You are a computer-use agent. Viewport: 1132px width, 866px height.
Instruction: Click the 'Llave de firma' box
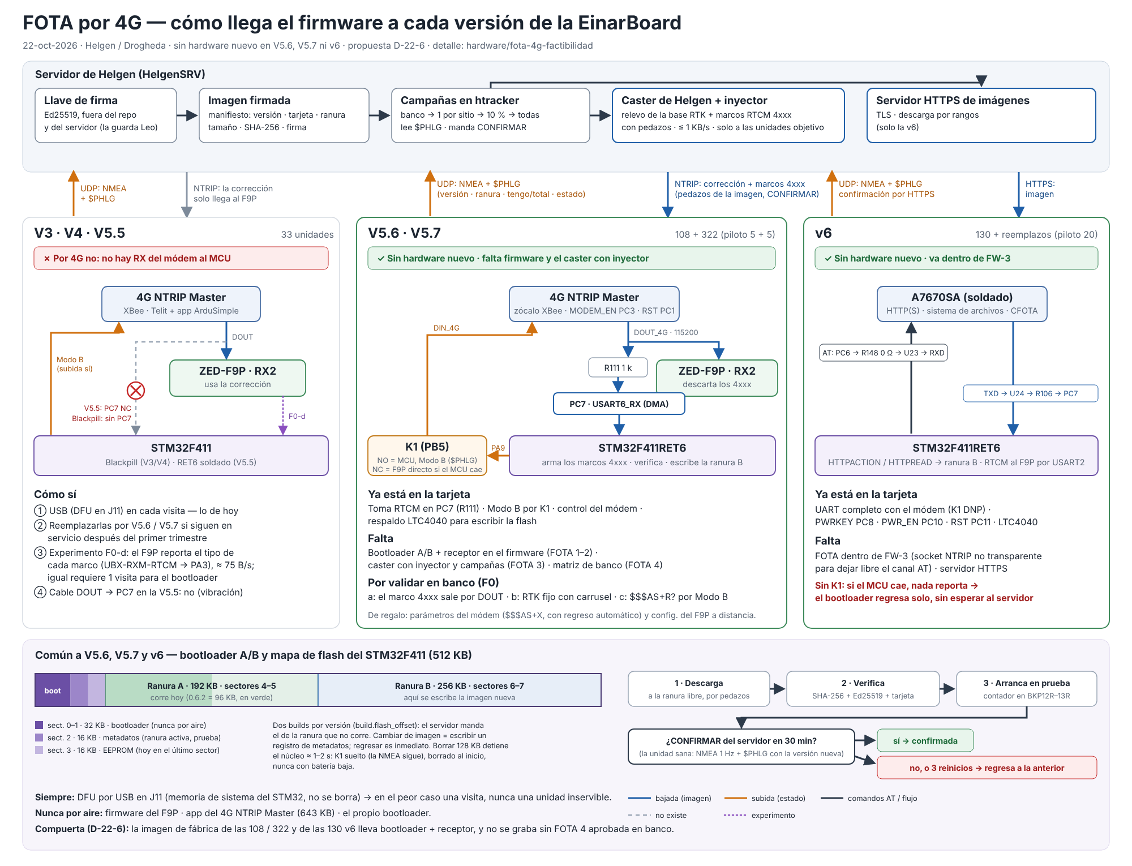point(106,115)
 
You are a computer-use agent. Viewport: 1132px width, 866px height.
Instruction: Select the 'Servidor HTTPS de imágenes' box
point(981,115)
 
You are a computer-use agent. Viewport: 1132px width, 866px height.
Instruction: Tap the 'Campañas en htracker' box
point(491,115)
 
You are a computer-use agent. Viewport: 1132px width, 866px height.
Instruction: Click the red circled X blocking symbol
point(136,390)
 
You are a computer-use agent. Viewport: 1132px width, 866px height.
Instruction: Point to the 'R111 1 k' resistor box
point(618,368)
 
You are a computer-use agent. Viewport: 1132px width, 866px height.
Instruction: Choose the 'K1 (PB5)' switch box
point(427,456)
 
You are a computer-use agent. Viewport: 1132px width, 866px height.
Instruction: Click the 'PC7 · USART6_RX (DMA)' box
point(619,404)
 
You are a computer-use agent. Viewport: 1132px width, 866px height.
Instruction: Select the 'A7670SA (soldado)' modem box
point(962,304)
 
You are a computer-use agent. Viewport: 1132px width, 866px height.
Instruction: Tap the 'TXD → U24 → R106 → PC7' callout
point(1031,393)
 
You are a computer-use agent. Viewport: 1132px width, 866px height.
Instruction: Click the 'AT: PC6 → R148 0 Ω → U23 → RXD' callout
point(884,353)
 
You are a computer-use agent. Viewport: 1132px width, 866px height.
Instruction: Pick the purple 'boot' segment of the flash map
point(53,690)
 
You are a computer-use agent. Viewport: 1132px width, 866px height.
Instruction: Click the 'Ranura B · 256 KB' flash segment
point(460,690)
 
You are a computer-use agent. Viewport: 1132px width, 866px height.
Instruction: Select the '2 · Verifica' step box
point(863,689)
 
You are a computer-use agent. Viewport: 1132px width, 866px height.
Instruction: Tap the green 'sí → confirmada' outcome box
point(925,740)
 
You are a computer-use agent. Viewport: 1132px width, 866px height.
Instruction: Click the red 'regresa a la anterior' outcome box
point(987,768)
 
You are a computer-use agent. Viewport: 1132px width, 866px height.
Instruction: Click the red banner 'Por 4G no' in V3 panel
point(181,258)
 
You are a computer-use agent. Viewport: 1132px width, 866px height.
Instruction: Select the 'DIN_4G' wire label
point(447,328)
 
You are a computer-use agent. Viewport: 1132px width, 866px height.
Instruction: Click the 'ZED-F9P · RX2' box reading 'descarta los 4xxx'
point(717,378)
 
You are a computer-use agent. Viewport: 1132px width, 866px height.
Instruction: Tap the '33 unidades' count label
point(307,234)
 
